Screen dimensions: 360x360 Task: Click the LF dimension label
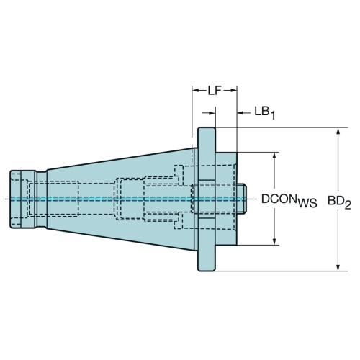tap(215, 91)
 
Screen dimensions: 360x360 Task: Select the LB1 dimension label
tap(265, 113)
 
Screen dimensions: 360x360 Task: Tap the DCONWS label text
tap(289, 200)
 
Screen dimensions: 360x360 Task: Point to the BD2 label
tap(340, 203)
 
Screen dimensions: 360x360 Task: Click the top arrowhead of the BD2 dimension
tap(338, 132)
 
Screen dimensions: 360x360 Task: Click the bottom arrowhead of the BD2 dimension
tap(338, 267)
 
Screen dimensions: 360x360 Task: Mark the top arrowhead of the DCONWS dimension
tap(275, 156)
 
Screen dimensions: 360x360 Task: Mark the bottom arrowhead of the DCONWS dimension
tap(275, 241)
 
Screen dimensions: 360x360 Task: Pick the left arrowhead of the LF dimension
tap(196, 91)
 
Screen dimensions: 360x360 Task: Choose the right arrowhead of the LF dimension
tap(233, 91)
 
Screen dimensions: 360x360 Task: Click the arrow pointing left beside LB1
tap(241, 112)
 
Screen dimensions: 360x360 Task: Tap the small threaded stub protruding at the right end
tap(242, 199)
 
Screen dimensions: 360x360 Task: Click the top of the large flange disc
tap(207, 128)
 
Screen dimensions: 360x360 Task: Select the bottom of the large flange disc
tap(207, 271)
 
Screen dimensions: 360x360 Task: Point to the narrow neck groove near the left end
tap(41, 199)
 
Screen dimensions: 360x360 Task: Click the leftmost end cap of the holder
tap(15, 199)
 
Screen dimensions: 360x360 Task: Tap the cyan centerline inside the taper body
tap(120, 199)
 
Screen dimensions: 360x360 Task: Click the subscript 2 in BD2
tap(348, 205)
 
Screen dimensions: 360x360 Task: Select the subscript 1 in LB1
tap(272, 116)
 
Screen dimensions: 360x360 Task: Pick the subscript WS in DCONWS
tap(307, 204)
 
